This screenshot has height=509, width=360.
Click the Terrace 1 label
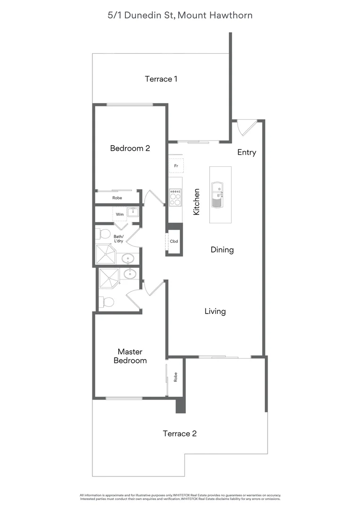tap(161, 79)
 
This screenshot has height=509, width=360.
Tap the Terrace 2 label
tap(179, 434)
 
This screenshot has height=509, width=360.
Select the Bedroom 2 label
tap(130, 148)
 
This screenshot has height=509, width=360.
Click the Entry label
tap(246, 152)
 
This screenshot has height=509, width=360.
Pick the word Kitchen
tap(196, 202)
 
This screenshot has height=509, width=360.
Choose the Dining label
tap(222, 250)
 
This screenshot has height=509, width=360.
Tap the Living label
tap(215, 312)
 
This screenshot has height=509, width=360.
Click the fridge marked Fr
tap(176, 166)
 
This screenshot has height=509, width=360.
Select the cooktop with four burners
tap(175, 197)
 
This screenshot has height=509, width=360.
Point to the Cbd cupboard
tap(174, 242)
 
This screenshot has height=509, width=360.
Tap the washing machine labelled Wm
tap(121, 214)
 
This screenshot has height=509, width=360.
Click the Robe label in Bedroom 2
tap(117, 198)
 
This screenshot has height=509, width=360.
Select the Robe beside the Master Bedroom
tap(175, 377)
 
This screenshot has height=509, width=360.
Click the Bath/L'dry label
tap(118, 239)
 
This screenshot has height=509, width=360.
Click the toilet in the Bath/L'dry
tap(103, 234)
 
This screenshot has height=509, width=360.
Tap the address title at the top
tap(180, 16)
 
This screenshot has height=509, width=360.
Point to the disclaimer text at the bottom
tap(180, 497)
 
